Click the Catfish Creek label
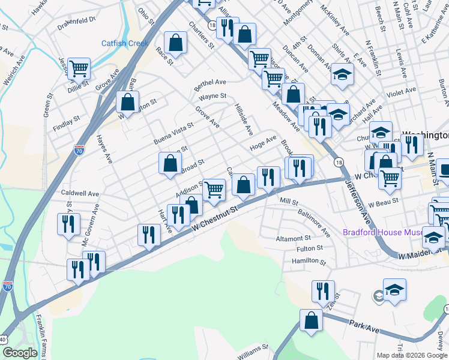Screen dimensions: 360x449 (x=124, y=43)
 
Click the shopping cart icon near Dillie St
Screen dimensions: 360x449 (x=79, y=69)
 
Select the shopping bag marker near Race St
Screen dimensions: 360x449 (x=175, y=43)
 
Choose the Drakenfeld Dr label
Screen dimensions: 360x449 (x=76, y=20)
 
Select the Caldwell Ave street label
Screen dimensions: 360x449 (x=80, y=194)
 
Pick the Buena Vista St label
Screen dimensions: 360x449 (x=173, y=134)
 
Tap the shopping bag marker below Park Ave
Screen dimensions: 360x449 (x=312, y=320)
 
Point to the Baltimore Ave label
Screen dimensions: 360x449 (x=315, y=223)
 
